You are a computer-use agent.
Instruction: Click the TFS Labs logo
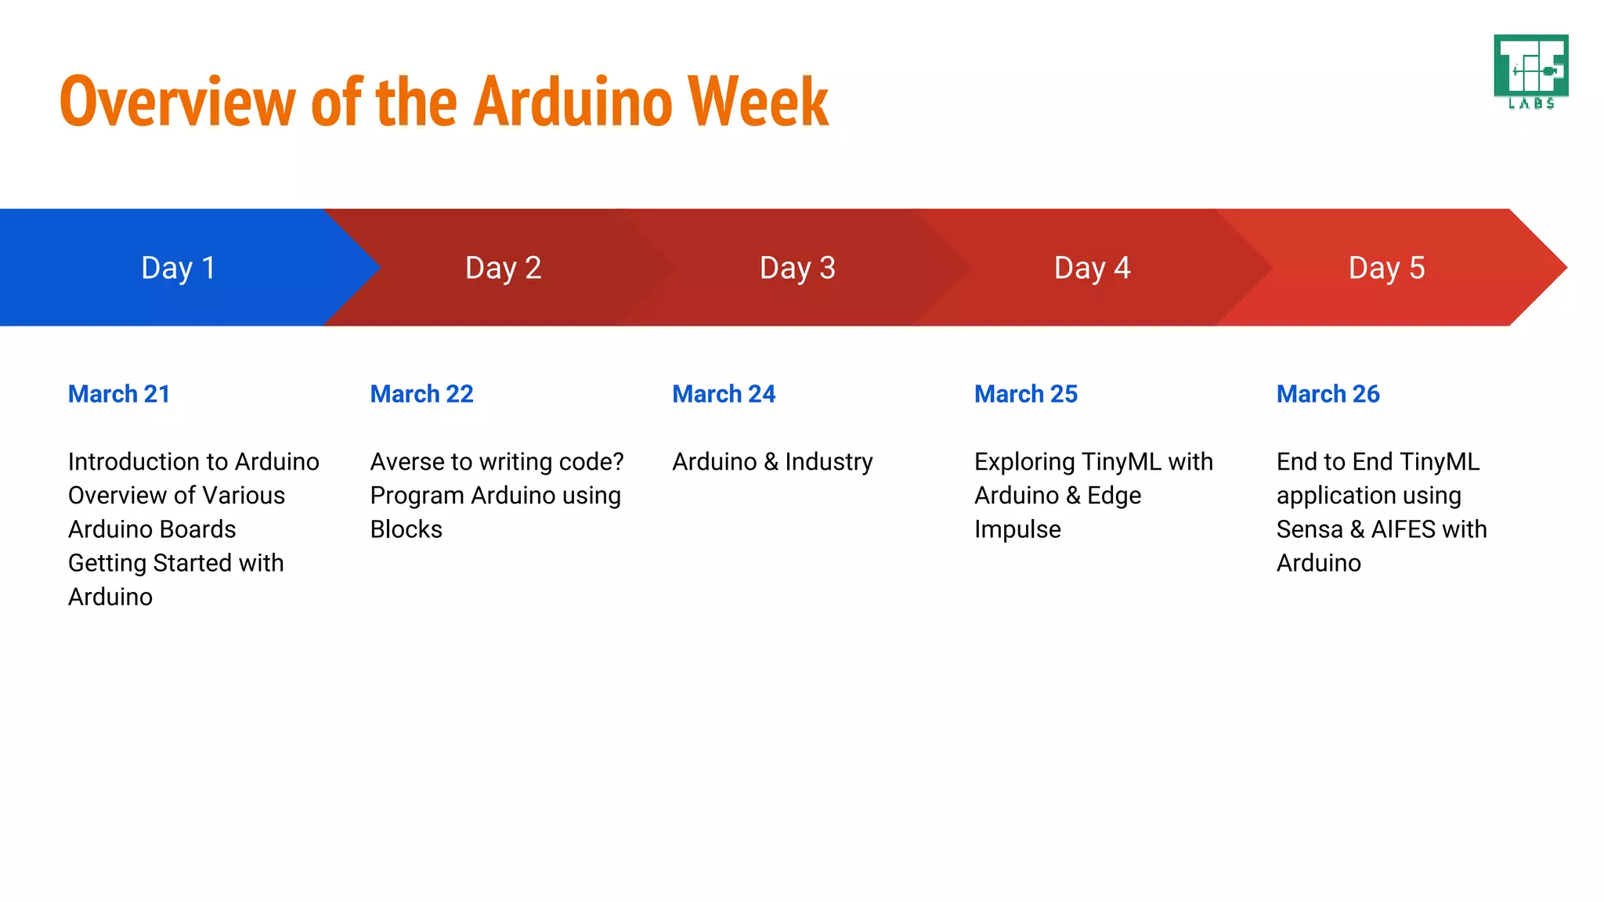pos(1530,71)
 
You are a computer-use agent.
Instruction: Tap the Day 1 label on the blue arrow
pos(178,268)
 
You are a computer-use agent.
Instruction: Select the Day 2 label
pos(503,268)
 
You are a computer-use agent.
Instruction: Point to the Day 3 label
pos(797,268)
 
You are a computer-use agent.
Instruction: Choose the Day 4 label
pos(1092,268)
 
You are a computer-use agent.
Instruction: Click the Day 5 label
pos(1386,268)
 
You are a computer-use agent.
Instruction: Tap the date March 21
pos(119,394)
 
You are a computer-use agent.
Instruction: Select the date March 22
pos(421,394)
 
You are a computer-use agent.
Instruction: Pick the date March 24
pos(724,394)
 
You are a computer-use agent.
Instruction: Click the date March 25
pos(1026,394)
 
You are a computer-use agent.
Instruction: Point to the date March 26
pos(1328,394)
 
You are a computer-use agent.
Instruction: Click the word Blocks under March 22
pos(406,530)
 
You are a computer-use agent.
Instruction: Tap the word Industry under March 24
pos(829,462)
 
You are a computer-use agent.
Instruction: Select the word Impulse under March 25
pos(1017,530)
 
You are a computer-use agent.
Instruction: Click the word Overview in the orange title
pos(177,102)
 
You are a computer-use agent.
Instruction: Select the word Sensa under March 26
pos(1309,530)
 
